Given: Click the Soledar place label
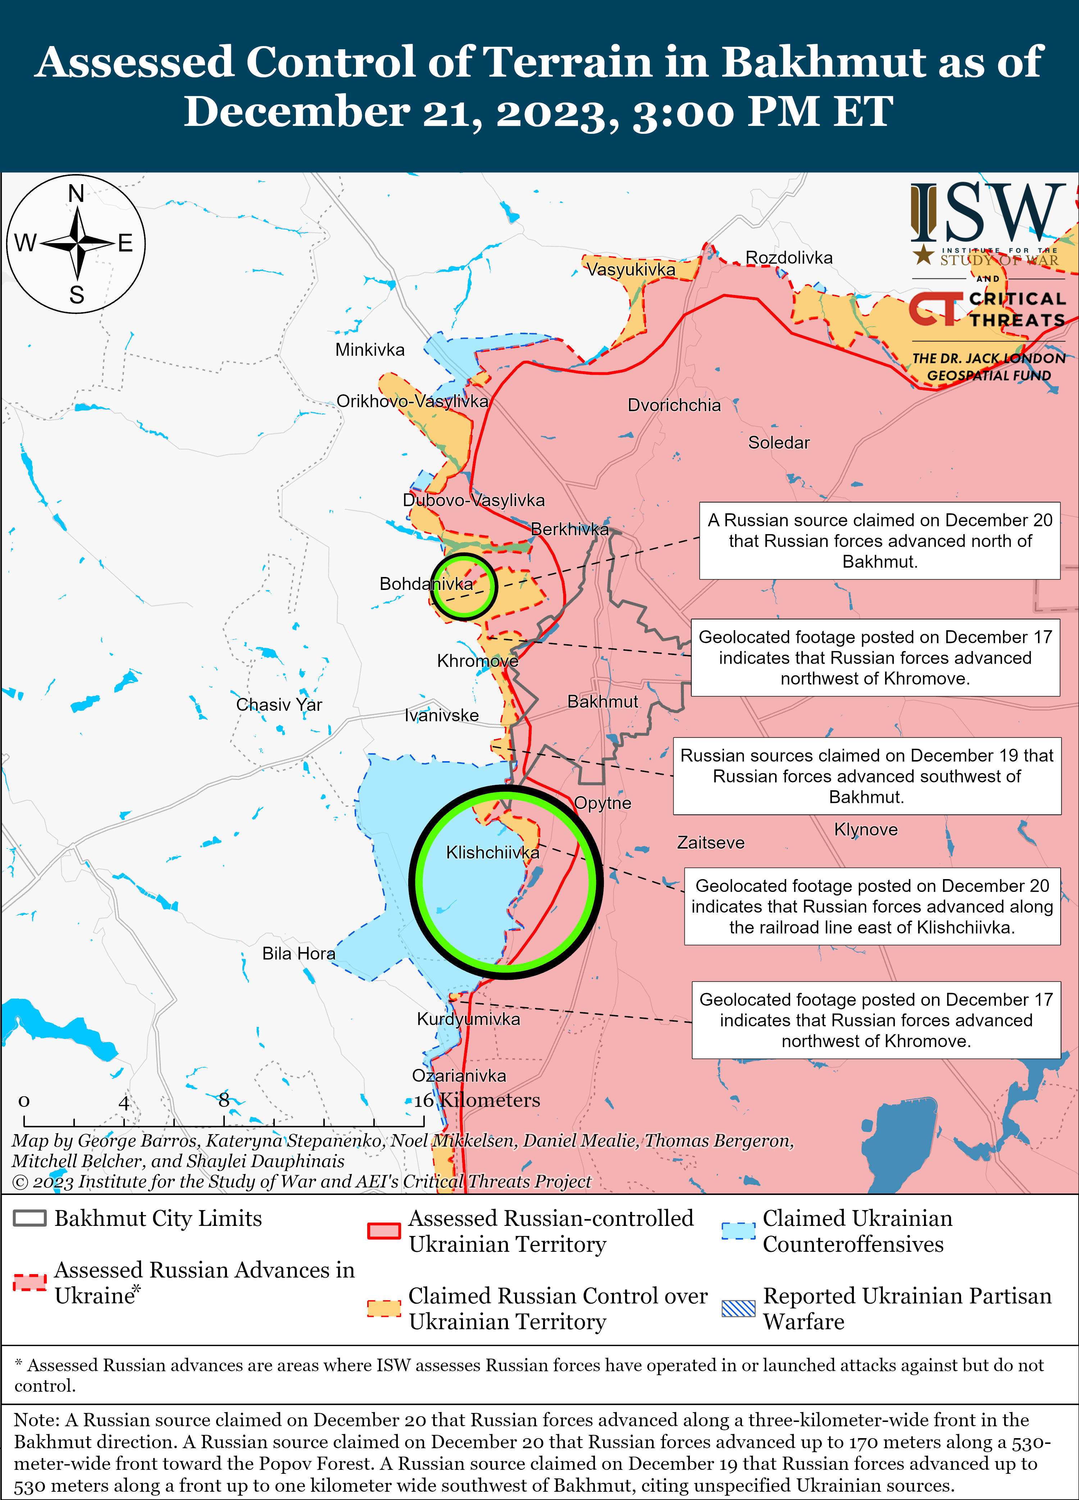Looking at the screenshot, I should point(778,442).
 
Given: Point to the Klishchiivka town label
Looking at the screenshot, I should point(492,853).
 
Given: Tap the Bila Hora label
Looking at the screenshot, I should point(298,953).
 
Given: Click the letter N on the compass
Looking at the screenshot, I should point(76,194).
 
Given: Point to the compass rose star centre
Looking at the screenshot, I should point(77,244).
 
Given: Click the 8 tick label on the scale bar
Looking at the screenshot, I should point(224,1100).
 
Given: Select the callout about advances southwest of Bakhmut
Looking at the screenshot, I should point(867,776).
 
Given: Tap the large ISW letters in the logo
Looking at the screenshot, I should point(987,213).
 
